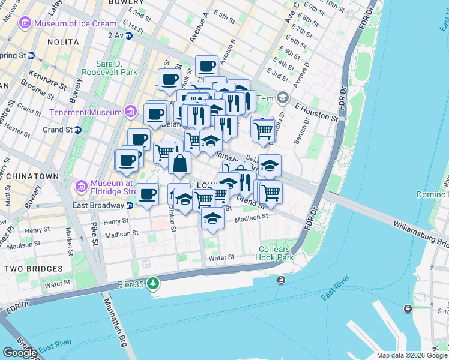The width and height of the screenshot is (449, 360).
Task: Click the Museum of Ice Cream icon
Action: pyautogui.click(x=25, y=23)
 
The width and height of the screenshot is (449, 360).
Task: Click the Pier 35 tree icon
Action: pyautogui.click(x=154, y=282)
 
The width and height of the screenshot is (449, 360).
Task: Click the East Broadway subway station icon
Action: pyautogui.click(x=130, y=205)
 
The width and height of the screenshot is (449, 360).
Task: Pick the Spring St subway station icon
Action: pyautogui.click(x=31, y=55)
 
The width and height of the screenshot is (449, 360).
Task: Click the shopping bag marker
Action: pyautogui.click(x=179, y=162)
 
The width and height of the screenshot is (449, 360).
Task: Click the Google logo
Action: pyautogui.click(x=20, y=352)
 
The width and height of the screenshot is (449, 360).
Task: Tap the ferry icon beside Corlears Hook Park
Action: pyautogui.click(x=281, y=280)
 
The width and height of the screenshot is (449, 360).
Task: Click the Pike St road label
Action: pyautogui.click(x=94, y=228)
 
